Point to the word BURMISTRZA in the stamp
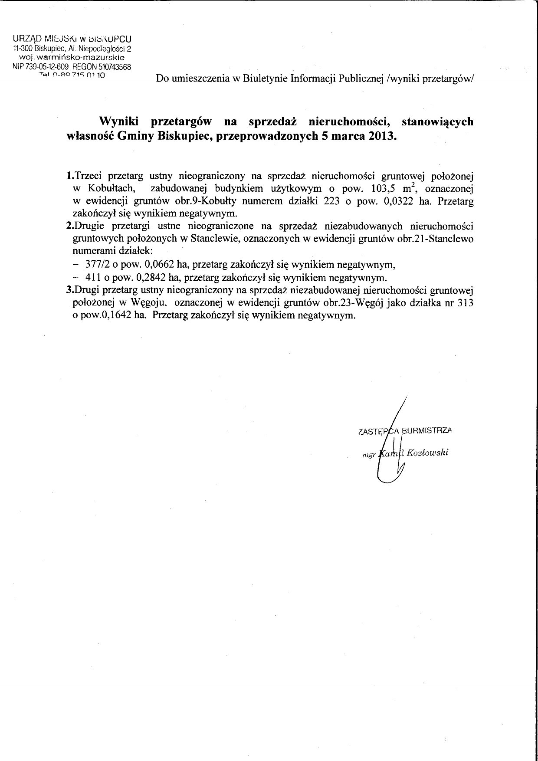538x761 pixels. point(427,431)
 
